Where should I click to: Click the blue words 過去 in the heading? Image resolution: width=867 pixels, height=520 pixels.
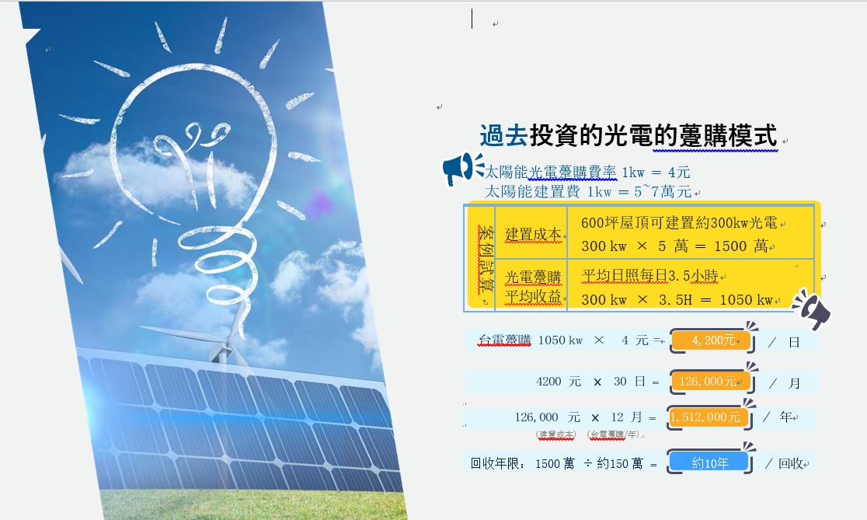pyautogui.click(x=503, y=135)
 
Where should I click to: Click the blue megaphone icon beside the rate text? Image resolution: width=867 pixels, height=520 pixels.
pyautogui.click(x=462, y=169)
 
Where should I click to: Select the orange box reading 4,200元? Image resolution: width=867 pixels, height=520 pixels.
pyautogui.click(x=712, y=340)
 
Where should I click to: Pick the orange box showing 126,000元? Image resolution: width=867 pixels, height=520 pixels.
pyautogui.click(x=710, y=381)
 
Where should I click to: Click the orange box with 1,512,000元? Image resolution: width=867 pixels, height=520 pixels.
pyautogui.click(x=709, y=417)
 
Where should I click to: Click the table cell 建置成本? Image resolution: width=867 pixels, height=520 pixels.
pyautogui.click(x=533, y=235)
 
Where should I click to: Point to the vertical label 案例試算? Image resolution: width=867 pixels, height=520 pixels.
pyautogui.click(x=486, y=259)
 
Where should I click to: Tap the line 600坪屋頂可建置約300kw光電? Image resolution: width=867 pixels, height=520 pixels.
pyautogui.click(x=679, y=223)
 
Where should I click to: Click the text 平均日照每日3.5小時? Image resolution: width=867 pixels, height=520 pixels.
pyautogui.click(x=649, y=275)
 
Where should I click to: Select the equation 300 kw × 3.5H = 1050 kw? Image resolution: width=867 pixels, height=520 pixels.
pyautogui.click(x=677, y=300)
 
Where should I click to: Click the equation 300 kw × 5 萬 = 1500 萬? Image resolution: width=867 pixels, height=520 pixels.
pyautogui.click(x=674, y=246)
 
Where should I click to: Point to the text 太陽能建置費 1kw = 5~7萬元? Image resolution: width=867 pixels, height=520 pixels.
pyautogui.click(x=588, y=191)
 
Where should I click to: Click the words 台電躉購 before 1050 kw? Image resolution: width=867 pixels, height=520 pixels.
pyautogui.click(x=504, y=340)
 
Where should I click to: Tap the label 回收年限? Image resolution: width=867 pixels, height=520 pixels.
pyautogui.click(x=495, y=463)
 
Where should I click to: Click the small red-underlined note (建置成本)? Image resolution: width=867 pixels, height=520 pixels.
pyautogui.click(x=555, y=434)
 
